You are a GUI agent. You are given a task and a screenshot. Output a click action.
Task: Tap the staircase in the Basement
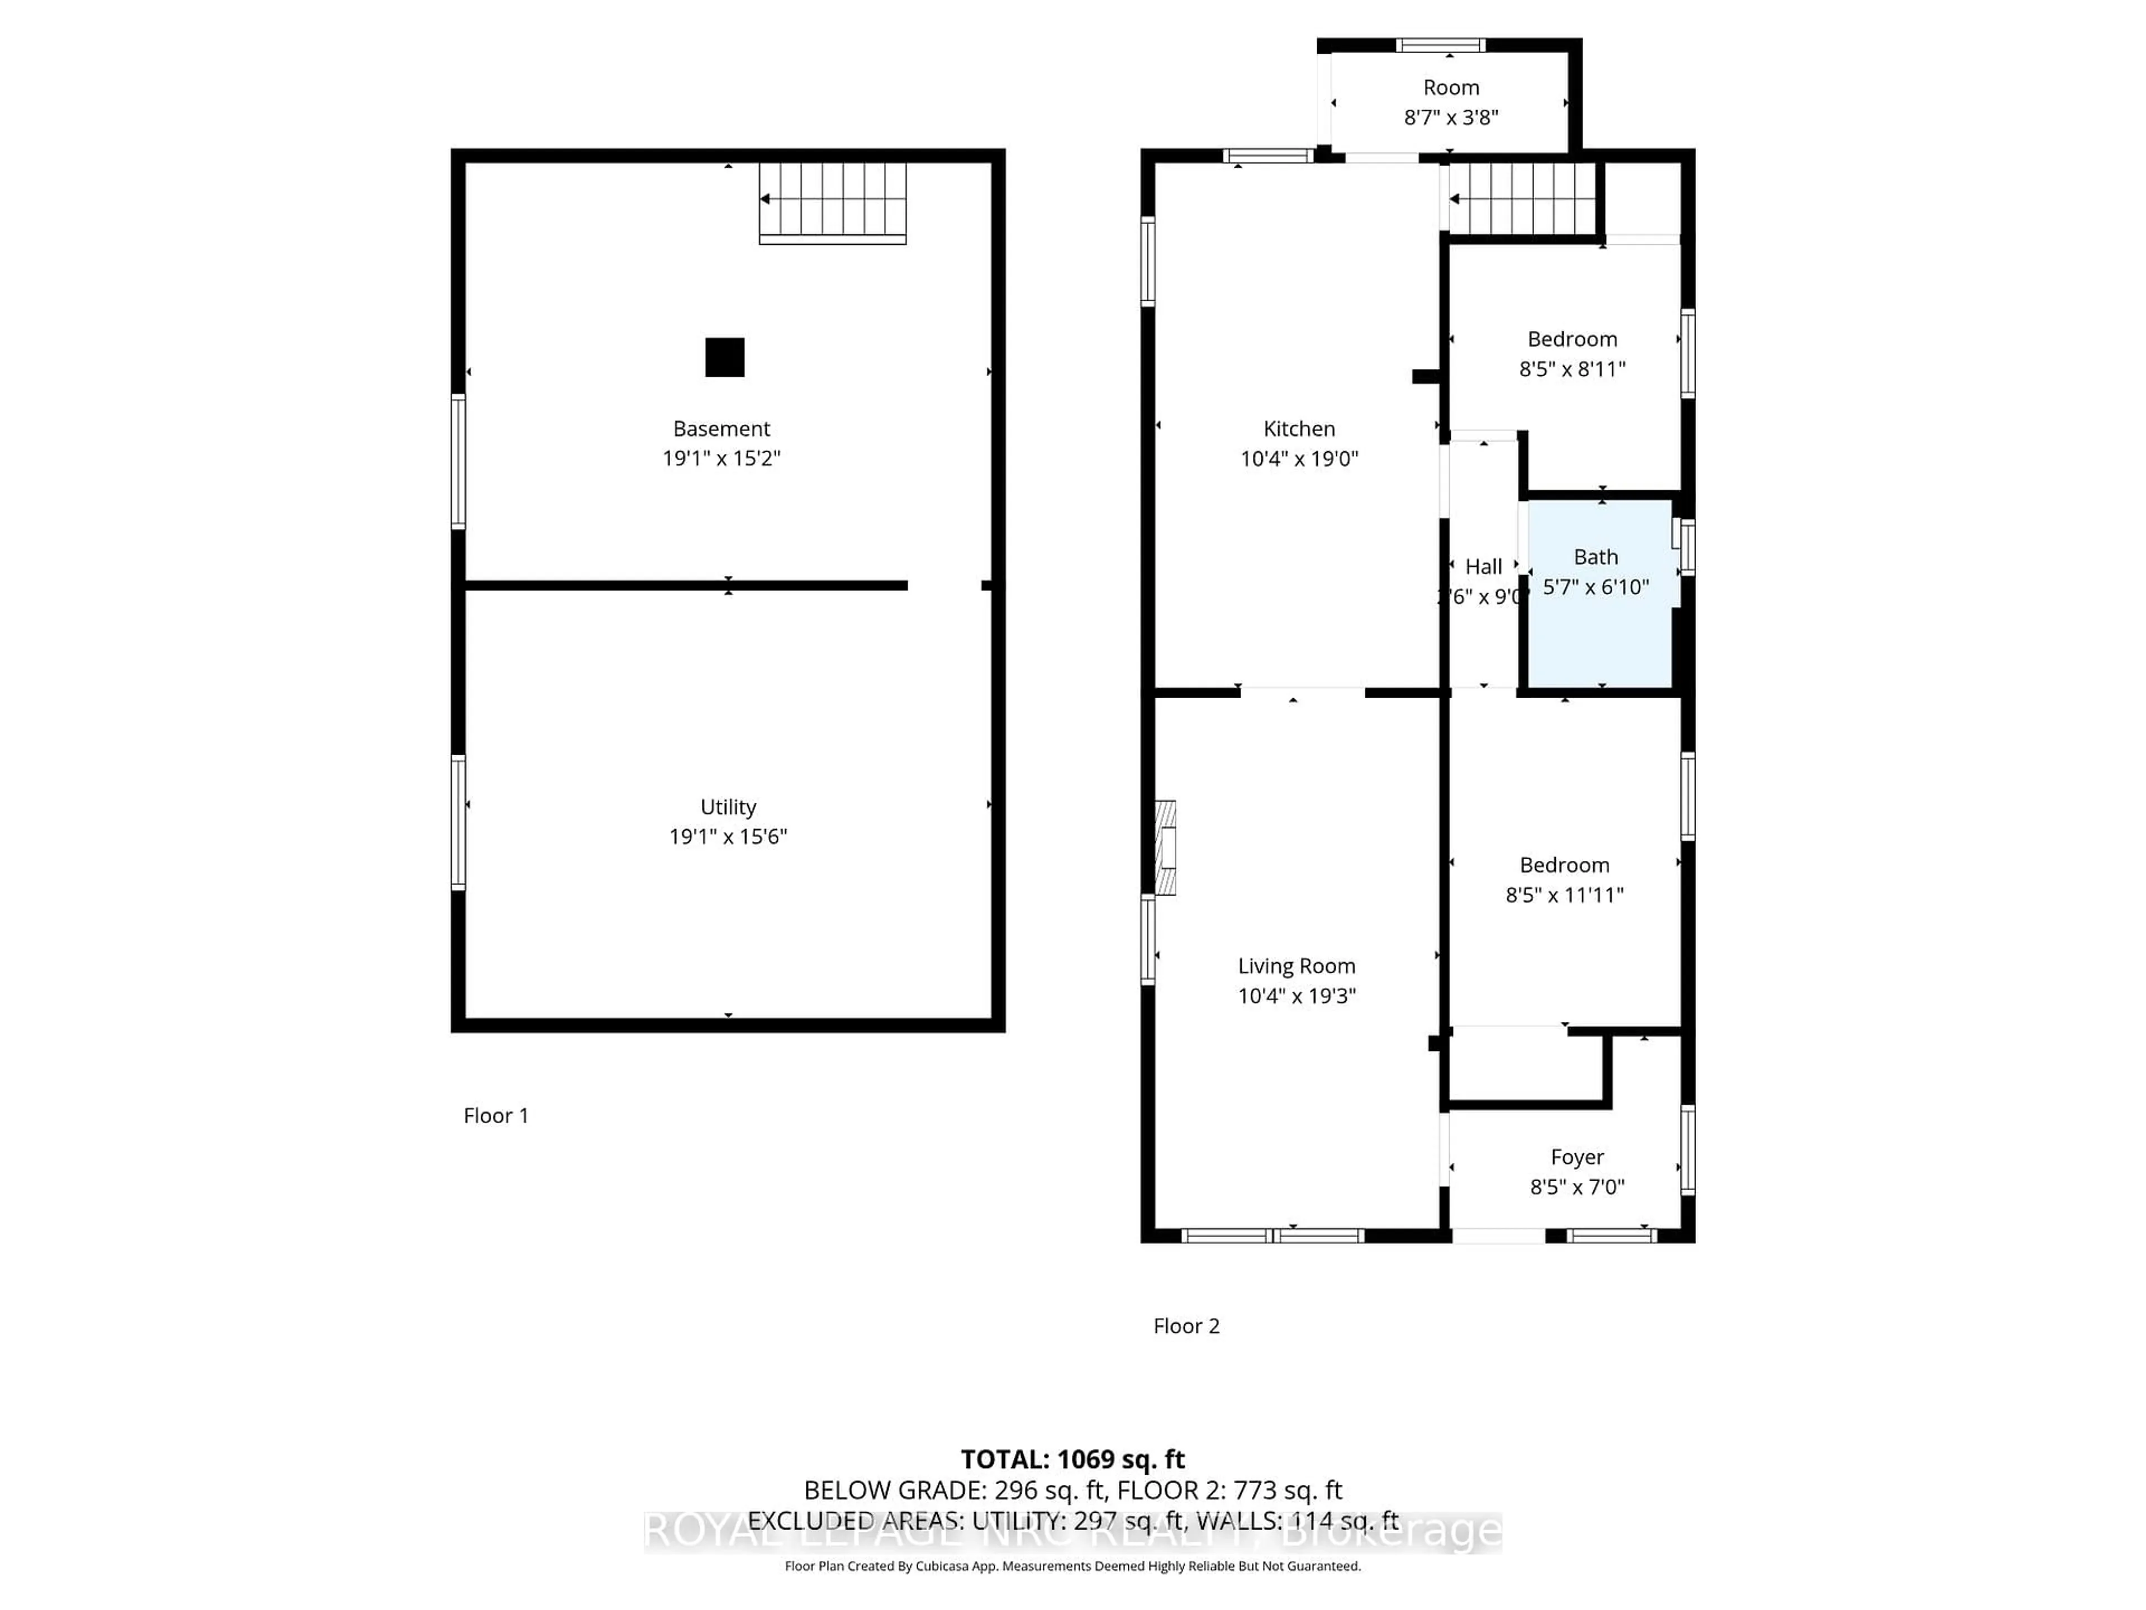(832, 201)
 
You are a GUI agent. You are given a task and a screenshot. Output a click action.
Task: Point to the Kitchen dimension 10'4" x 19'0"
(1299, 459)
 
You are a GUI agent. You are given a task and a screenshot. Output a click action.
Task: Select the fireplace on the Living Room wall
(1165, 847)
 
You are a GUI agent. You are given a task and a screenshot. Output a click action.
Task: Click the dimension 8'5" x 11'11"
(1564, 895)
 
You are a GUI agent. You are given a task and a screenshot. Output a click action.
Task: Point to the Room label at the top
(1450, 87)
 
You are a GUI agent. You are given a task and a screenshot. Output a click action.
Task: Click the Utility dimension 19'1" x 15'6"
(728, 836)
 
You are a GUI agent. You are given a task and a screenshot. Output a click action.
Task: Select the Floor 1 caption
(496, 1116)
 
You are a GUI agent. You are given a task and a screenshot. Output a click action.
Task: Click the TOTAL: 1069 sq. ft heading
(1072, 1460)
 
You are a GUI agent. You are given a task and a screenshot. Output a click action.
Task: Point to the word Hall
(1483, 567)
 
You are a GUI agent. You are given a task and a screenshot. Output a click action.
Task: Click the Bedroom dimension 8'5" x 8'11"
(1571, 369)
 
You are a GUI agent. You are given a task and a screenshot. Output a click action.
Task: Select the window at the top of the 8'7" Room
(1440, 45)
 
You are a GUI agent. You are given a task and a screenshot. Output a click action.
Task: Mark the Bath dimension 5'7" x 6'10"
(1596, 587)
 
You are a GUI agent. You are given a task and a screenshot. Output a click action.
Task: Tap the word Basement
(721, 429)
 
